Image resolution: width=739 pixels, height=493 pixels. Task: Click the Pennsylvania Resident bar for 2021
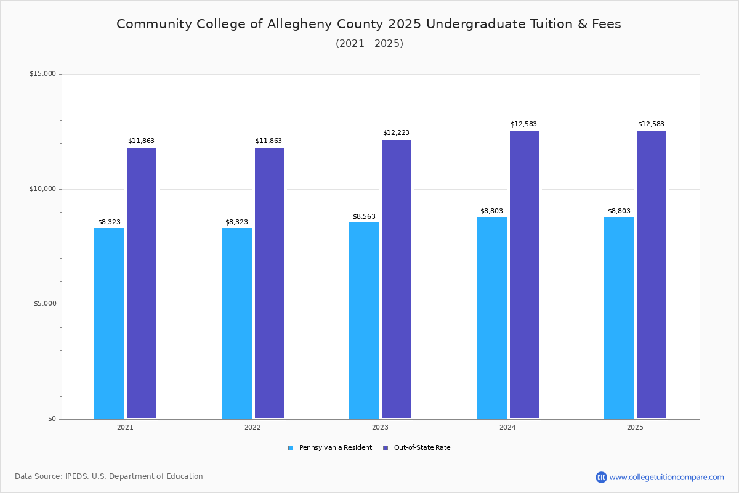(x=109, y=323)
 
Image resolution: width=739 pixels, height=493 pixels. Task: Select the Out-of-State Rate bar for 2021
(x=142, y=283)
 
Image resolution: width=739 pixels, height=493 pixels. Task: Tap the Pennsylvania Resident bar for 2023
(x=364, y=320)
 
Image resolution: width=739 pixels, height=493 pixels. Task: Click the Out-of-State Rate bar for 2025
(x=652, y=275)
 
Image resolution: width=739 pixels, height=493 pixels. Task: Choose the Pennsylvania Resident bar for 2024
(x=491, y=317)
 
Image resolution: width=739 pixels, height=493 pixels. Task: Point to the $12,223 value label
(x=396, y=132)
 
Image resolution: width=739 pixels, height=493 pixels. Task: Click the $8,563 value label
(x=364, y=217)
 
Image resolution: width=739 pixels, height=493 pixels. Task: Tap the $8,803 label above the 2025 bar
(x=619, y=211)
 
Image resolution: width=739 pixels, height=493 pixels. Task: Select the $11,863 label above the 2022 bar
(x=269, y=141)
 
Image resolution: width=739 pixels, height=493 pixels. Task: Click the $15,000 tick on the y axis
(x=42, y=74)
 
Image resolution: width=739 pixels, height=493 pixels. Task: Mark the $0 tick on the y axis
(x=52, y=419)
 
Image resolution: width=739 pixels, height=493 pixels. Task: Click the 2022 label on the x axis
(x=252, y=427)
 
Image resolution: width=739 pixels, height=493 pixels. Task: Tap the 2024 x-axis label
(x=507, y=427)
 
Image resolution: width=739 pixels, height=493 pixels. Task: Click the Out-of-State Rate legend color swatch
(x=386, y=448)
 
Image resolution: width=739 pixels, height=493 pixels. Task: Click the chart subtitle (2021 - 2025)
(x=369, y=43)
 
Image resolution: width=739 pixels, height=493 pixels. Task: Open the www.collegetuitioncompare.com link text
(x=666, y=477)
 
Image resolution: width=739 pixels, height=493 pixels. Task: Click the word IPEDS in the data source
(x=78, y=476)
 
